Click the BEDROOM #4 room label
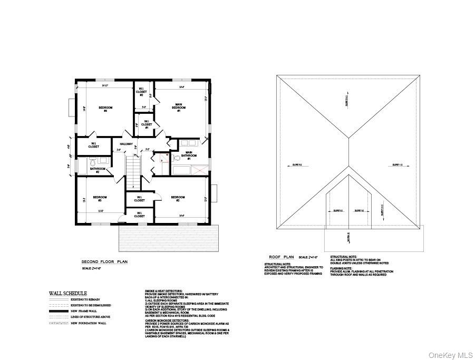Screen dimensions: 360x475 (105, 109)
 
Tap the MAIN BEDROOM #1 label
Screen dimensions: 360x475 (179, 108)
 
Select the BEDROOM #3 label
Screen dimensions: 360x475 (100, 199)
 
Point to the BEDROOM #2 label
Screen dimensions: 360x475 (178, 199)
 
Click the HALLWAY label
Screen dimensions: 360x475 (125, 144)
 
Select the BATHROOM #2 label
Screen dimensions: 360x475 (98, 170)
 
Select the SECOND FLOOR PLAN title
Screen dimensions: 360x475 (104, 261)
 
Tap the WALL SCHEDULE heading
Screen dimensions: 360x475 (68, 293)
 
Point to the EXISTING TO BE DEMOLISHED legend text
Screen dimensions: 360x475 (87, 305)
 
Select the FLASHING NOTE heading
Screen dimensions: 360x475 (341, 268)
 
